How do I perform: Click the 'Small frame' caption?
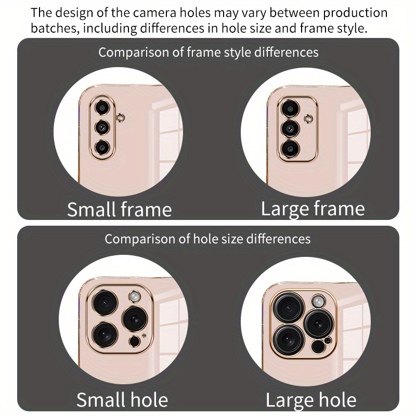point(119,210)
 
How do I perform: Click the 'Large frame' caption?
point(313,209)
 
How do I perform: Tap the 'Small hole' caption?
point(122,400)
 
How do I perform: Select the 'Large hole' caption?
point(311,400)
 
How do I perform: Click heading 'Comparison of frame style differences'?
point(209,53)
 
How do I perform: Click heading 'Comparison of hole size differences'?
point(207,239)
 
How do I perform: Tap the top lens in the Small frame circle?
point(102,108)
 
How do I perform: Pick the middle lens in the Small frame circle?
point(102,127)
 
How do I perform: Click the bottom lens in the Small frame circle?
point(102,147)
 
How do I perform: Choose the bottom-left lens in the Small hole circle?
point(106,333)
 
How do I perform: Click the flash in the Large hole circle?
point(317,301)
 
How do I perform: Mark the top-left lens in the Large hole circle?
point(290,308)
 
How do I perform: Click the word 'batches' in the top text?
point(54,28)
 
